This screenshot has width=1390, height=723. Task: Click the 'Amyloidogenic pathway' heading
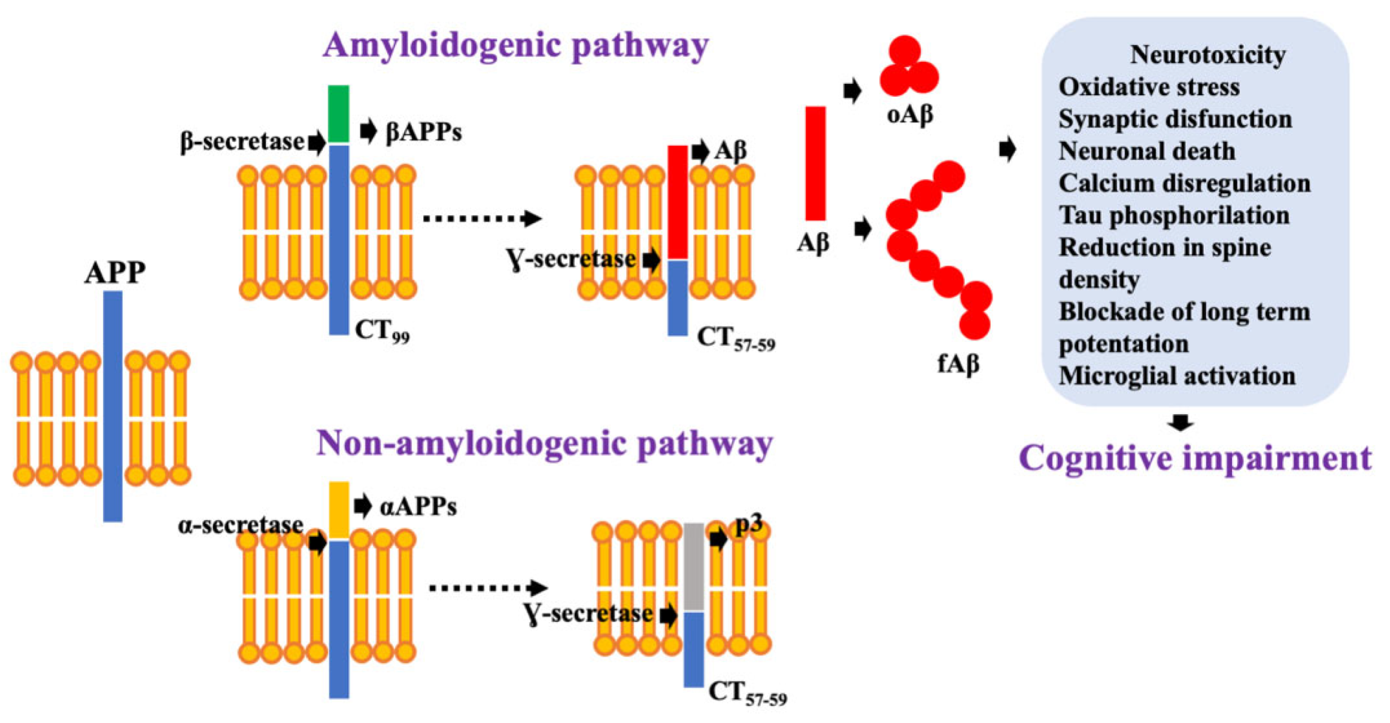click(515, 45)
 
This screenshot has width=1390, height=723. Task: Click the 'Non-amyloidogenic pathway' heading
click(544, 444)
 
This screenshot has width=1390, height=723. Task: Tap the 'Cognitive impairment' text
click(1195, 458)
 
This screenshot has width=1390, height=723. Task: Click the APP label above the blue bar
click(114, 273)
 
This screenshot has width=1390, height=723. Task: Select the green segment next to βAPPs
click(338, 114)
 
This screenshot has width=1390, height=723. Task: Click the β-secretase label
click(242, 142)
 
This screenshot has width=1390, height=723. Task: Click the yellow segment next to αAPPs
click(339, 510)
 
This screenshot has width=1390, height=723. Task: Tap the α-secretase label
click(240, 525)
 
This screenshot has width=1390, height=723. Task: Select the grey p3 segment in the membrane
click(694, 566)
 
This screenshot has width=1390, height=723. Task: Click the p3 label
click(748, 524)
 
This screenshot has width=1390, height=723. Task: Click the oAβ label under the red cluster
click(909, 114)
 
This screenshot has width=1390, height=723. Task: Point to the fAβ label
click(958, 363)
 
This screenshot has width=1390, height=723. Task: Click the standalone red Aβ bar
click(815, 163)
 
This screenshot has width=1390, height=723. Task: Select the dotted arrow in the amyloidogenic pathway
click(482, 218)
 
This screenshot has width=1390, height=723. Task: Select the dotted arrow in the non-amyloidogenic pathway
click(488, 588)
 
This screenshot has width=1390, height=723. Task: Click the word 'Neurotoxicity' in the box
click(1207, 55)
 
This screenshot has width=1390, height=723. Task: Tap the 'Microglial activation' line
click(1177, 376)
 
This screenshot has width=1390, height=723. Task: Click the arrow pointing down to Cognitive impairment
click(1180, 423)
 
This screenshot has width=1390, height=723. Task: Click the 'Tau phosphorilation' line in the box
click(1173, 215)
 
